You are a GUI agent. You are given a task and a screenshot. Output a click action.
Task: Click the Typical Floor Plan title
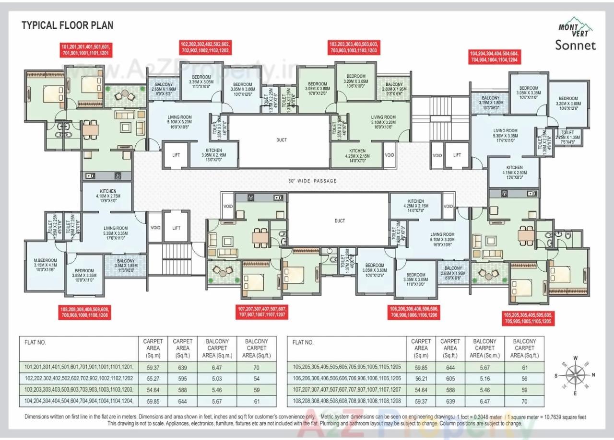[x=68, y=25]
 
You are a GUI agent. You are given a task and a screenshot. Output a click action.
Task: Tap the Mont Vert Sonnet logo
[x=575, y=37]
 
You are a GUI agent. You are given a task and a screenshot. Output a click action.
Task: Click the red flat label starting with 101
[x=86, y=50]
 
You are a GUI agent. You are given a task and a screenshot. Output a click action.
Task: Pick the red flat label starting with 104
[x=494, y=57]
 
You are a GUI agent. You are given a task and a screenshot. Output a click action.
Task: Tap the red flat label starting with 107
[x=262, y=312]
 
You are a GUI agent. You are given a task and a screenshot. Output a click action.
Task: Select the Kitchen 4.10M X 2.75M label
[x=108, y=197]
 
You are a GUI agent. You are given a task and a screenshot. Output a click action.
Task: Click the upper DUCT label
[x=282, y=140]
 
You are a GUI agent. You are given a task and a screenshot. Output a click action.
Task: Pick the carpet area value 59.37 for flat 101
[x=153, y=367]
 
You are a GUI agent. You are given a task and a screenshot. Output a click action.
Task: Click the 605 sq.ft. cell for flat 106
[x=450, y=378]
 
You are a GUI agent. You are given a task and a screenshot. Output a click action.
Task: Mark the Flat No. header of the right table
[x=303, y=342]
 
